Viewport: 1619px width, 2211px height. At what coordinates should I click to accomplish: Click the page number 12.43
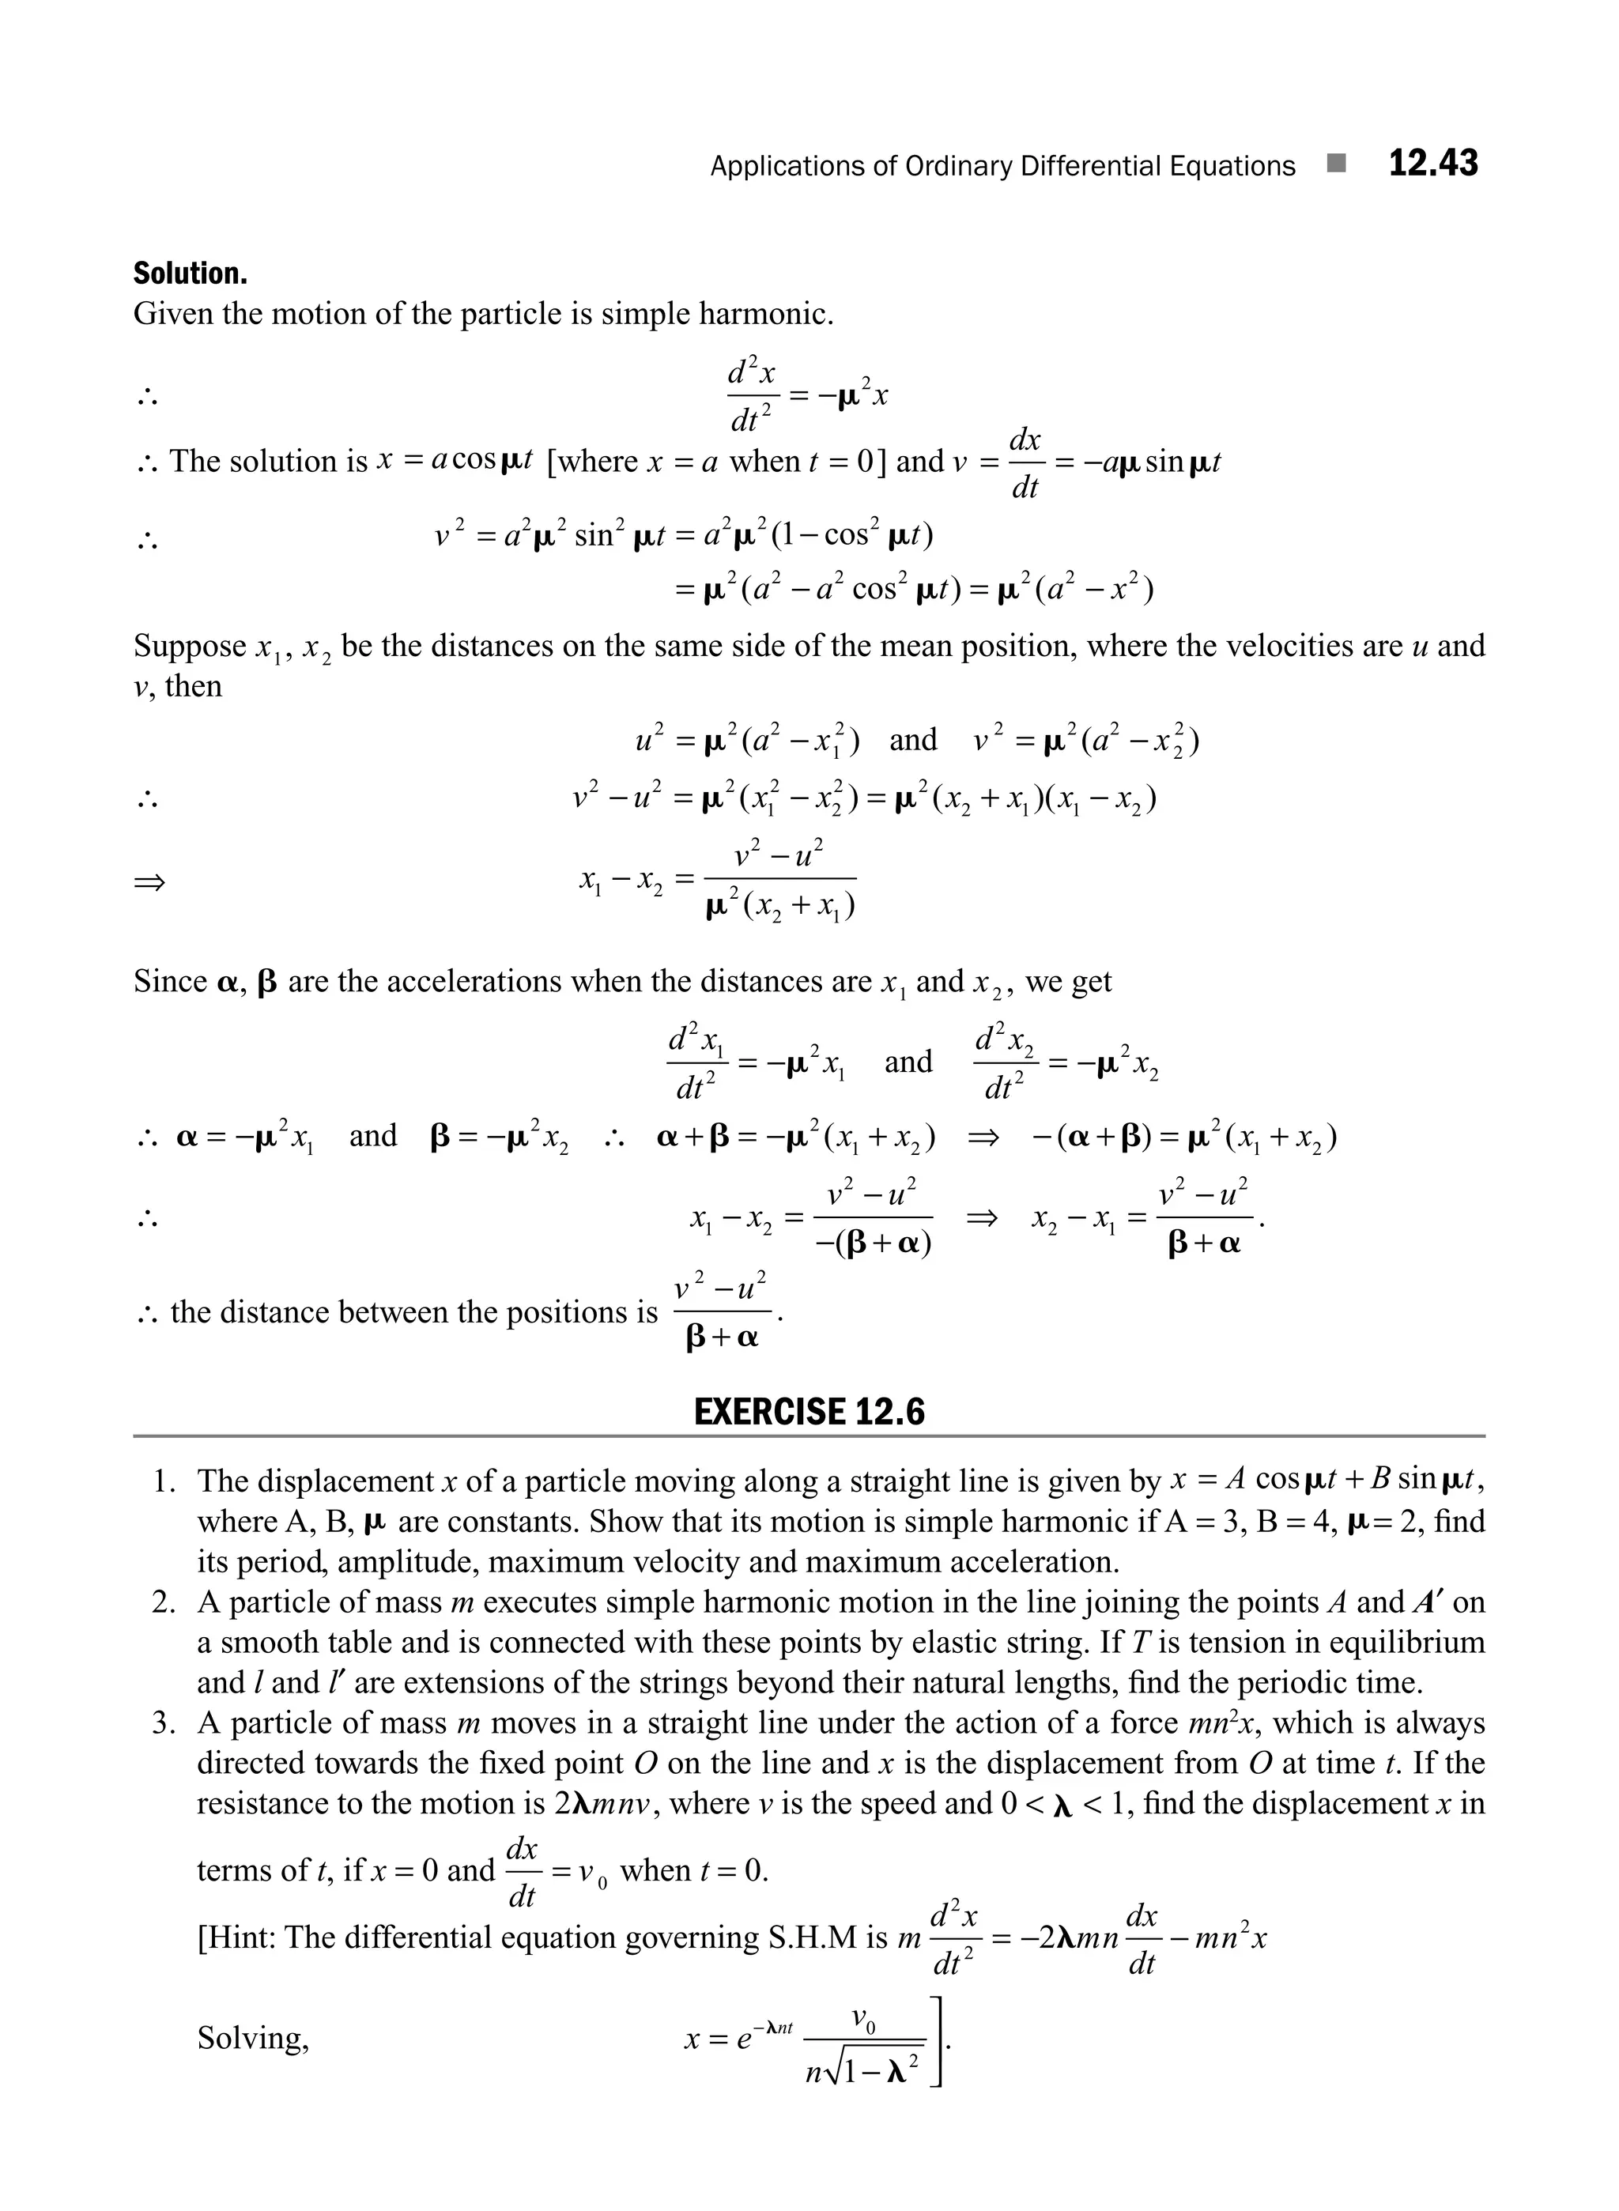[1432, 164]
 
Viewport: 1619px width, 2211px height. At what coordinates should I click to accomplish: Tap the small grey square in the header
[1334, 164]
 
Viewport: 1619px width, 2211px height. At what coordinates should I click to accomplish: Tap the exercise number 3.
[163, 1723]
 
